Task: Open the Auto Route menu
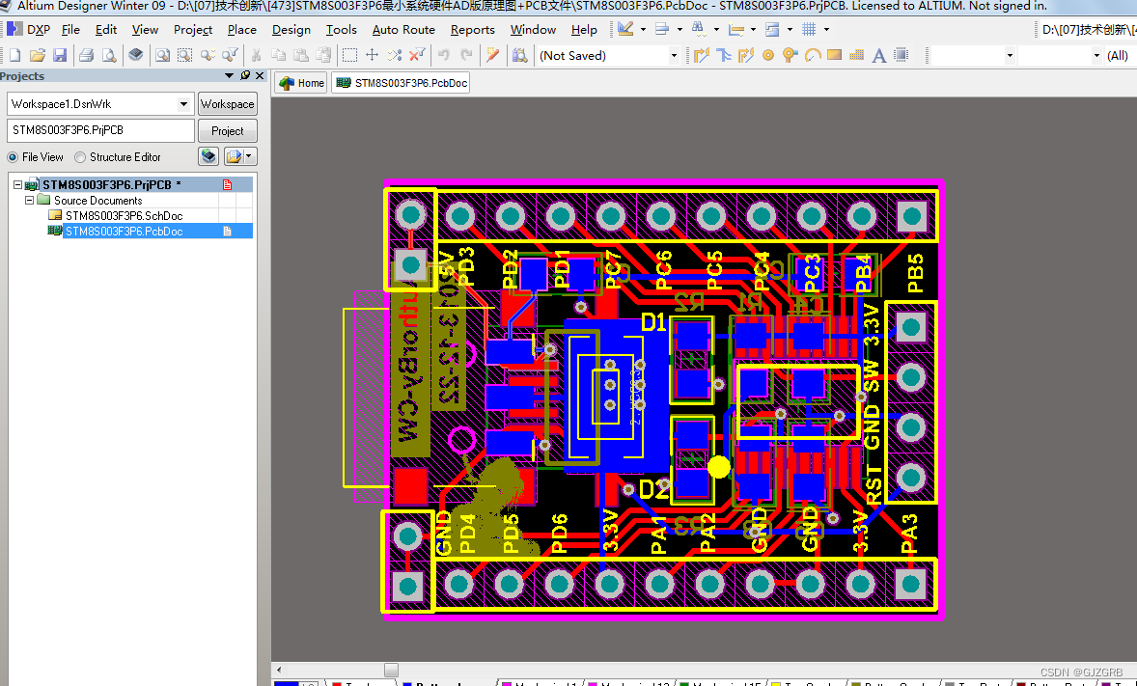(x=403, y=30)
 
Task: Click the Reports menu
(x=472, y=30)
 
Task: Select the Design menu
(x=291, y=30)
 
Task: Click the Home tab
(x=302, y=83)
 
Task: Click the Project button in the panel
(x=228, y=130)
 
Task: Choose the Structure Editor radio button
(x=81, y=157)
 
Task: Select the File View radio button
(x=13, y=157)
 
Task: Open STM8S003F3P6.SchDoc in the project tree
(x=124, y=216)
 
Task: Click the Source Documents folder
(x=97, y=201)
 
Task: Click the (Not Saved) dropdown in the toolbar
(x=608, y=56)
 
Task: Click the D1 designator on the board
(x=653, y=322)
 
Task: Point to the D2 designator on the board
(x=653, y=490)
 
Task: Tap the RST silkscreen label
(x=873, y=484)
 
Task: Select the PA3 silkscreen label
(x=909, y=535)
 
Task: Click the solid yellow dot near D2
(x=719, y=467)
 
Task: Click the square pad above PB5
(x=910, y=216)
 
